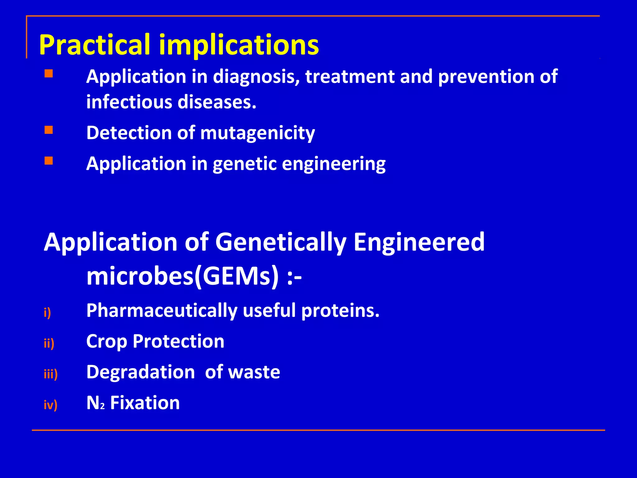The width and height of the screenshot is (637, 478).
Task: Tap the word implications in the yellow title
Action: [x=239, y=45]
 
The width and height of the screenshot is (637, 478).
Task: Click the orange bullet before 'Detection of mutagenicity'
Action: [x=49, y=130]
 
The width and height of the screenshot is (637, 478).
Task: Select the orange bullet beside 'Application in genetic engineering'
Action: [x=49, y=161]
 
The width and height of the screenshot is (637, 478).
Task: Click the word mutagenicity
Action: [x=258, y=133]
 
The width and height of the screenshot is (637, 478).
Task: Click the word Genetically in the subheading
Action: [x=281, y=242]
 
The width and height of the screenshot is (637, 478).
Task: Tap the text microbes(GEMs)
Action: [x=183, y=276]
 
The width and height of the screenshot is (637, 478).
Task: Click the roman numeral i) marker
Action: [x=47, y=312]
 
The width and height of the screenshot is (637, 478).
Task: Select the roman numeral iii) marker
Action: [x=51, y=374]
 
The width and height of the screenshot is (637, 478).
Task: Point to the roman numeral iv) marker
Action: [x=50, y=405]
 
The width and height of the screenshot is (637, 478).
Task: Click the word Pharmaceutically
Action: [x=162, y=311]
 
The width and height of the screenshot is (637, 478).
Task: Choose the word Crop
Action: [x=107, y=341]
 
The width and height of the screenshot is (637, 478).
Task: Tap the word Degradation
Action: [x=141, y=372]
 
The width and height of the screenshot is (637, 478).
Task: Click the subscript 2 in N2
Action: [x=103, y=406]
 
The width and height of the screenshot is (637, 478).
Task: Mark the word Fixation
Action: [x=145, y=403]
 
